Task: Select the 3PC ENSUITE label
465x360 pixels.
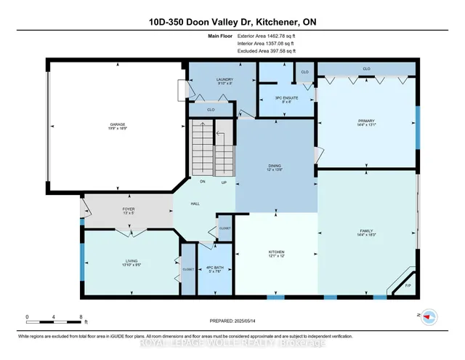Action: (278, 98)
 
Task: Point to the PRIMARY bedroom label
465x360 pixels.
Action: (365, 121)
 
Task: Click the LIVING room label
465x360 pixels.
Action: (132, 261)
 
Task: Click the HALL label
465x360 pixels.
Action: (195, 204)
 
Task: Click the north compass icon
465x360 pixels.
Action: (429, 316)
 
